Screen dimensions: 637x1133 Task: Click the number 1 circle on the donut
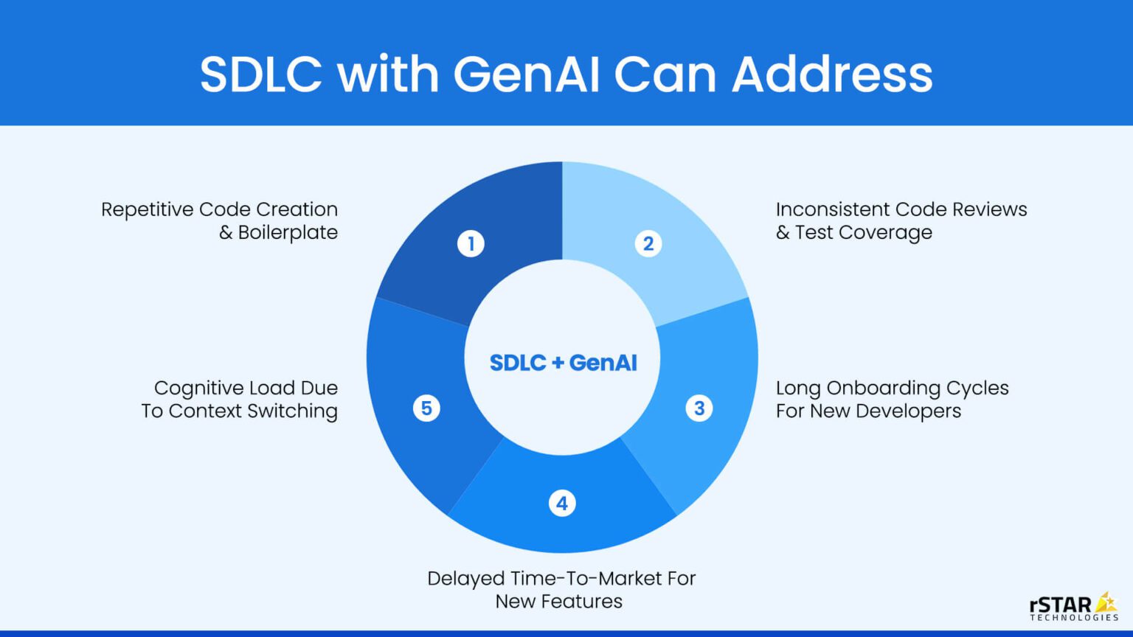[471, 243]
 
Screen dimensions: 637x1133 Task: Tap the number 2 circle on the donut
[648, 243]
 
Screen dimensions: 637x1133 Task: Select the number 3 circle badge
[699, 408]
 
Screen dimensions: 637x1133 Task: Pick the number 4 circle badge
[562, 504]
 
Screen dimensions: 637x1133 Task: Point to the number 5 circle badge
[426, 408]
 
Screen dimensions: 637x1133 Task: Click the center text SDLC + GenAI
[563, 363]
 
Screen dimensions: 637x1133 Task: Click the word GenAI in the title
[526, 74]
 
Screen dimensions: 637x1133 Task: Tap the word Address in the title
[832, 74]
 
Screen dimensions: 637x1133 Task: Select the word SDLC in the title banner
[261, 74]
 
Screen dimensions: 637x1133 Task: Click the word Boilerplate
[288, 232]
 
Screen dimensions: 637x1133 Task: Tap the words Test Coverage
[864, 232]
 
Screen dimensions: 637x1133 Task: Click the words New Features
[558, 602]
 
